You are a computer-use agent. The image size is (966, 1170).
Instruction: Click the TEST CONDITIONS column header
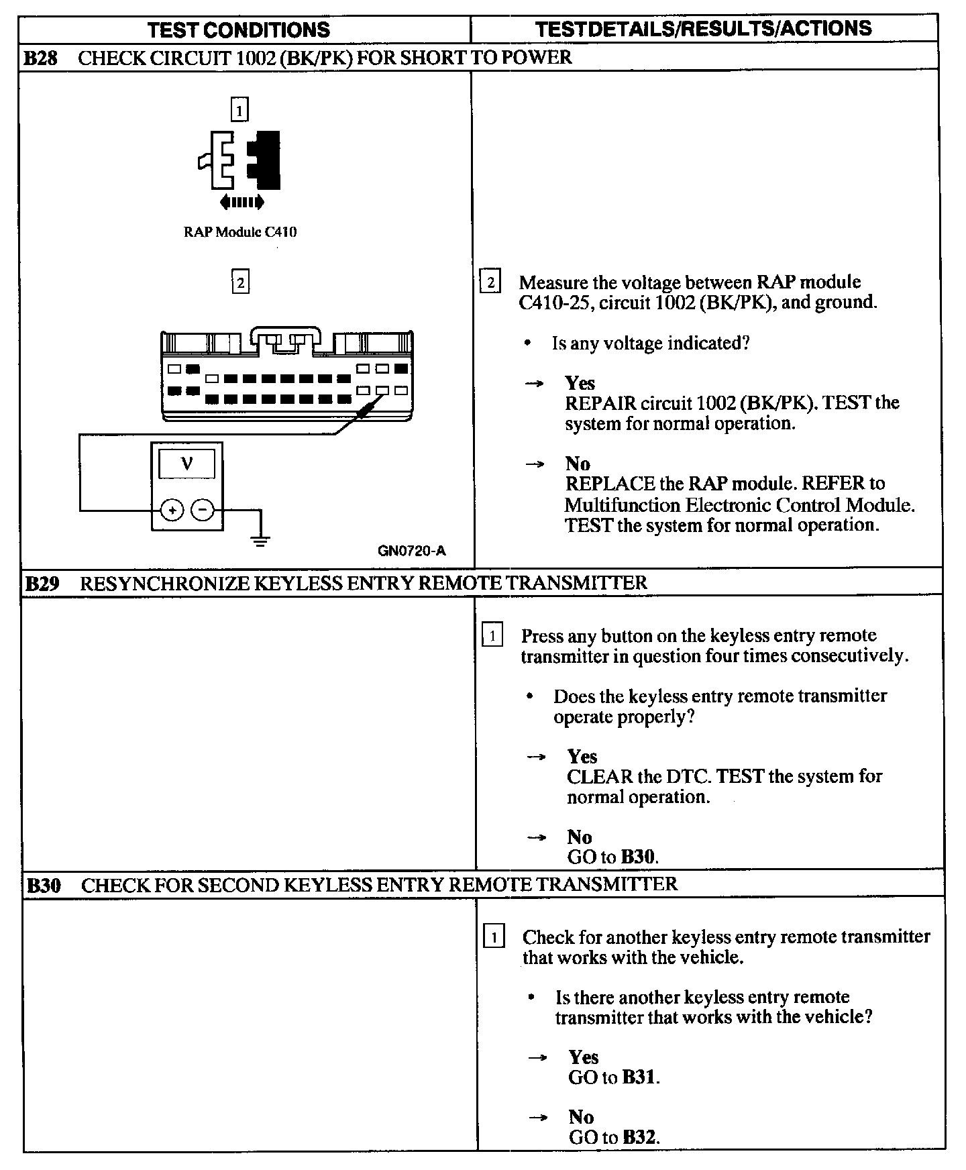pyautogui.click(x=239, y=30)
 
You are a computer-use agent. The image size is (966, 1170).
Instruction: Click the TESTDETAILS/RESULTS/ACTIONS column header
pyautogui.click(x=704, y=28)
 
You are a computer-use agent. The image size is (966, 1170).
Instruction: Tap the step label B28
pyautogui.click(x=41, y=58)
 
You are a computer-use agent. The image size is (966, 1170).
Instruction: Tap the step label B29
pyautogui.click(x=42, y=583)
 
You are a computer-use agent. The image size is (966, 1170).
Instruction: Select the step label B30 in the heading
pyautogui.click(x=44, y=886)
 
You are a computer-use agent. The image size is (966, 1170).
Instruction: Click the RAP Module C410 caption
pyautogui.click(x=240, y=232)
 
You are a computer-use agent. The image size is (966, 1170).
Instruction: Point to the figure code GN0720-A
pyautogui.click(x=412, y=551)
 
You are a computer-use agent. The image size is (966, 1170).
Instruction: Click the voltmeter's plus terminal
pyautogui.click(x=172, y=511)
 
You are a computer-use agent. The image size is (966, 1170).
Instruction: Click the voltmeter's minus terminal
pyautogui.click(x=203, y=511)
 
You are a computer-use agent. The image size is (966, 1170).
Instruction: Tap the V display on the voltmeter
pyautogui.click(x=187, y=464)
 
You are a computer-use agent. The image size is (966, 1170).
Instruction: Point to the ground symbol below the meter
pyautogui.click(x=261, y=540)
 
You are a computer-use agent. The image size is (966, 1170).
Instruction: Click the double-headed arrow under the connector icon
pyautogui.click(x=241, y=201)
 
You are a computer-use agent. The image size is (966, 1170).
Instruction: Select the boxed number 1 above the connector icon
pyautogui.click(x=239, y=109)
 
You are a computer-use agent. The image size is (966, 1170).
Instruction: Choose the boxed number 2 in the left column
pyautogui.click(x=240, y=282)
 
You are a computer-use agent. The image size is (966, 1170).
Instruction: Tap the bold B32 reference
pyautogui.click(x=639, y=1137)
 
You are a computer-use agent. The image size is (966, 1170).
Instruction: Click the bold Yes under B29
pyautogui.click(x=582, y=757)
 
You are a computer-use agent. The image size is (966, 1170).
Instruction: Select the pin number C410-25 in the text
pyautogui.click(x=555, y=303)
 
